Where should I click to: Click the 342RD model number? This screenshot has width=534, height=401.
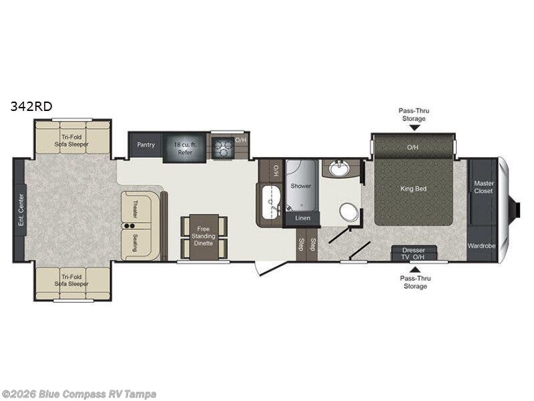pyautogui.click(x=31, y=106)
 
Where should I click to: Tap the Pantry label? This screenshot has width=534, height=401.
pyautogui.click(x=146, y=144)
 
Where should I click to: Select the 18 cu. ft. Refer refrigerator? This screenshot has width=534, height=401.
pyautogui.click(x=185, y=148)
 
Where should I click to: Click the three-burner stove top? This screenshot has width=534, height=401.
pyautogui.click(x=222, y=148)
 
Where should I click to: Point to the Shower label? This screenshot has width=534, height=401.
pyautogui.click(x=301, y=186)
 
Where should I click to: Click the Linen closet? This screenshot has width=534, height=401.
pyautogui.click(x=302, y=219)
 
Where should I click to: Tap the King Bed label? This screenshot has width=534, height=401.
pyautogui.click(x=413, y=188)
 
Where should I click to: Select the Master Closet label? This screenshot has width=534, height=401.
pyautogui.click(x=483, y=187)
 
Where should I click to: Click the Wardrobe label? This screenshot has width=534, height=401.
pyautogui.click(x=481, y=245)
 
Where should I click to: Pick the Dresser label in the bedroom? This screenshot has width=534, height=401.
pyautogui.click(x=413, y=250)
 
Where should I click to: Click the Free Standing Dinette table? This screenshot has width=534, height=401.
pyautogui.click(x=204, y=237)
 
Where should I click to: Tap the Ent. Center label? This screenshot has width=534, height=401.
pyautogui.click(x=21, y=210)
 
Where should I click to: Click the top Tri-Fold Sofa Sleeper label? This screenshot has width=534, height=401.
pyautogui.click(x=71, y=140)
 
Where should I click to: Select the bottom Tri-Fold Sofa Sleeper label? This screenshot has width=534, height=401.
pyautogui.click(x=71, y=280)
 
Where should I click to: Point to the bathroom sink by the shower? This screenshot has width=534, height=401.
pyautogui.click(x=339, y=168)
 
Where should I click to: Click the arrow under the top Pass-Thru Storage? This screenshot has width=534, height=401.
pyautogui.click(x=414, y=128)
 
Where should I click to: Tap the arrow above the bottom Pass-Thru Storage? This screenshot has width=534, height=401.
pyautogui.click(x=415, y=270)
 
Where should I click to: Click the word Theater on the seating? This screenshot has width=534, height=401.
pyautogui.click(x=136, y=209)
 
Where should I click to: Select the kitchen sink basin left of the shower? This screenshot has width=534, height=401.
pyautogui.click(x=271, y=203)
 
